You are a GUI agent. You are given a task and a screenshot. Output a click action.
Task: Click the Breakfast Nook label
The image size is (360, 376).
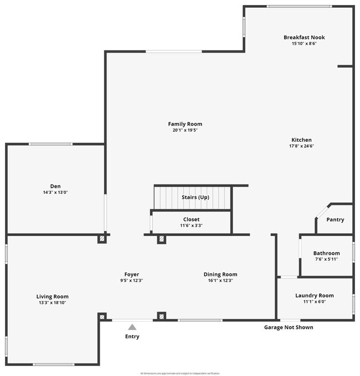(x=304, y=38)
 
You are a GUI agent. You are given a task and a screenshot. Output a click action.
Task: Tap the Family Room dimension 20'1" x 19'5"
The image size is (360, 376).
(x=185, y=130)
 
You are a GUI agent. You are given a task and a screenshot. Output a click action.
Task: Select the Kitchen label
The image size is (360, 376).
(x=302, y=140)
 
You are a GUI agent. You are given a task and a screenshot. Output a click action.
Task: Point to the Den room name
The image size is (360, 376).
(x=55, y=186)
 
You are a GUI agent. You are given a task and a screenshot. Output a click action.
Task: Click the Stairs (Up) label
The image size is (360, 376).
(x=196, y=198)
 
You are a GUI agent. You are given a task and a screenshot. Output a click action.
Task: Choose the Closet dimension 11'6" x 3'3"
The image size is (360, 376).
(x=191, y=226)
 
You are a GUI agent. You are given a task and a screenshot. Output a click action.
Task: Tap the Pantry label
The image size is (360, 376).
(x=335, y=220)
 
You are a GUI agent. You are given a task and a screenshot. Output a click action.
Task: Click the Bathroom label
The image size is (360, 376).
(x=326, y=253)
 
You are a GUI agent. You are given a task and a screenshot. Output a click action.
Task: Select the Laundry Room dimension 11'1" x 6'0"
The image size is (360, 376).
(x=314, y=302)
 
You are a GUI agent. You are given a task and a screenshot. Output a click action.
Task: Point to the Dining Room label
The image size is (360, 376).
(x=220, y=274)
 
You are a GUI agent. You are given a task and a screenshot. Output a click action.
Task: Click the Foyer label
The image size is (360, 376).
(x=131, y=274)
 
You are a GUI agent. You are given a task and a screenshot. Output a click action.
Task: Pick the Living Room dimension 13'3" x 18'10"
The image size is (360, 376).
(x=53, y=303)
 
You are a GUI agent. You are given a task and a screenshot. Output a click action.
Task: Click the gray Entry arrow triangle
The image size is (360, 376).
(x=132, y=327)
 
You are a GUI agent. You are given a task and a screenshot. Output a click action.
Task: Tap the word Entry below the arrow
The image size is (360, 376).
(x=132, y=337)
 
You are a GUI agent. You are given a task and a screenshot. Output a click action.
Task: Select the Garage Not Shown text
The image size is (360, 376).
(x=288, y=327)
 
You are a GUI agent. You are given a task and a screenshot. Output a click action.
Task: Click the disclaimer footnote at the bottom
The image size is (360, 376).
(x=180, y=373)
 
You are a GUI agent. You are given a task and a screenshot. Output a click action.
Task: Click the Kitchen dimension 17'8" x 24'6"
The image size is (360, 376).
(x=302, y=146)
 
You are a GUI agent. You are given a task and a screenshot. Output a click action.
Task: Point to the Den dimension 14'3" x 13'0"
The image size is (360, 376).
(x=55, y=192)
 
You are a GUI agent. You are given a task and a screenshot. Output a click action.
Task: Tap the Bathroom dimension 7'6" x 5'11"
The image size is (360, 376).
(x=326, y=259)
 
